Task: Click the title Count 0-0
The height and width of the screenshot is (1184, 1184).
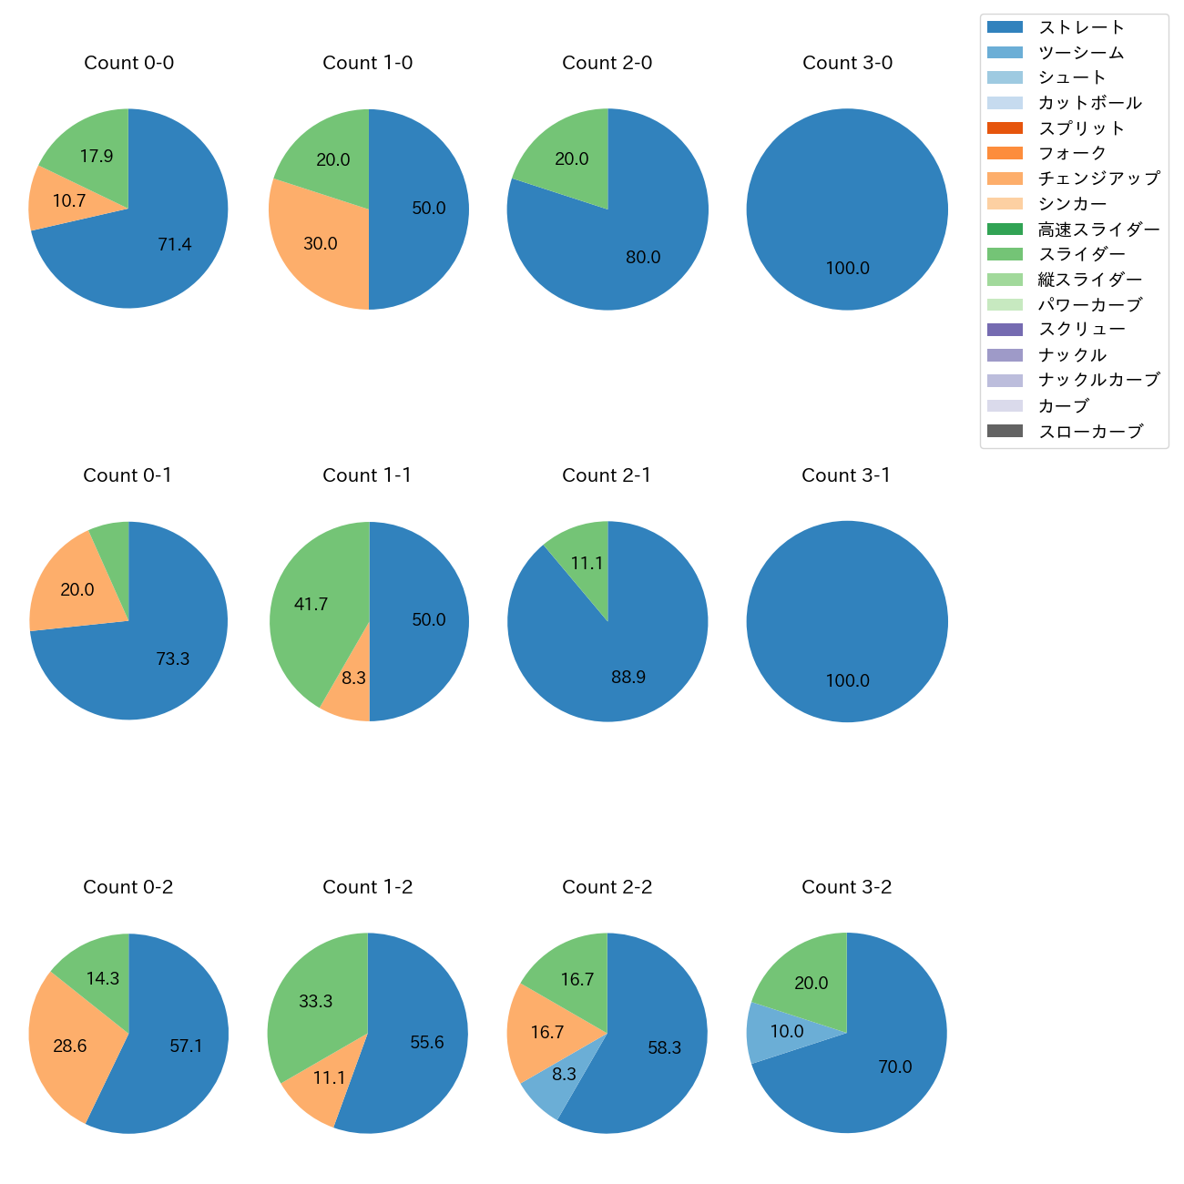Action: (128, 63)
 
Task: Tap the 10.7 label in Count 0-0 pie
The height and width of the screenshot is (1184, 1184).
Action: (69, 200)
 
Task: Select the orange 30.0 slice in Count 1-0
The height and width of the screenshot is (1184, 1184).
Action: (314, 239)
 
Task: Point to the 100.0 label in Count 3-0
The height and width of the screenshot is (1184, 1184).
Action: (847, 269)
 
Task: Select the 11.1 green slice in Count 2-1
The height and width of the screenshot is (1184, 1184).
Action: (585, 560)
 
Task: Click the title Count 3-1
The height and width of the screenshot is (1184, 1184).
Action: (846, 475)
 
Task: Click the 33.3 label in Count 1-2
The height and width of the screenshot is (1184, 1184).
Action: (316, 1002)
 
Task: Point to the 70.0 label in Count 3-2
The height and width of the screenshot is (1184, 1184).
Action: (894, 1067)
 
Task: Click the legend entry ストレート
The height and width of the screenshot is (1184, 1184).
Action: (1081, 27)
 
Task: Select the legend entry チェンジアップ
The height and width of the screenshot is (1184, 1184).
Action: (1098, 179)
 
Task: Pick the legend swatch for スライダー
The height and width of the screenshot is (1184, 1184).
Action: (1005, 254)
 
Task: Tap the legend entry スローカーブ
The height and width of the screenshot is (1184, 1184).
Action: (1089, 432)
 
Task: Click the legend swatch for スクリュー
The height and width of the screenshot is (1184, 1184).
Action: (1005, 330)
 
